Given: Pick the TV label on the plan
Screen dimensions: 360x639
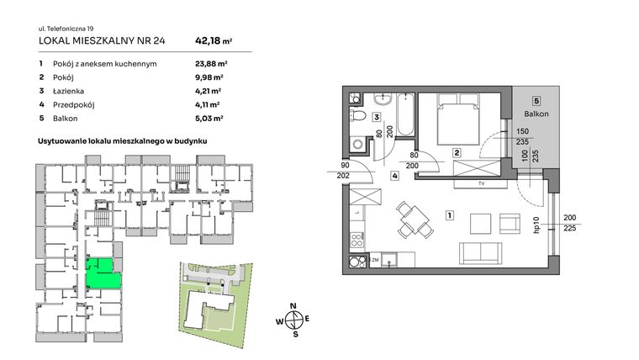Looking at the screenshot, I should point(480,183).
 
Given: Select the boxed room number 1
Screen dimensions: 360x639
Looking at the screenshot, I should point(451,216).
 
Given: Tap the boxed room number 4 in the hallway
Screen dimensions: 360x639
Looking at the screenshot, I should point(394,176).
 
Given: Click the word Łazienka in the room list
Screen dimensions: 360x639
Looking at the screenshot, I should point(71,90).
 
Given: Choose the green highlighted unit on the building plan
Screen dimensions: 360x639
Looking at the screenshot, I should point(102,273).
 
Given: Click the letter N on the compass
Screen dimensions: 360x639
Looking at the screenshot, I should point(293,305).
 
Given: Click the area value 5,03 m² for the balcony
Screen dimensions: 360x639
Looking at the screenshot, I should point(208,119).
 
